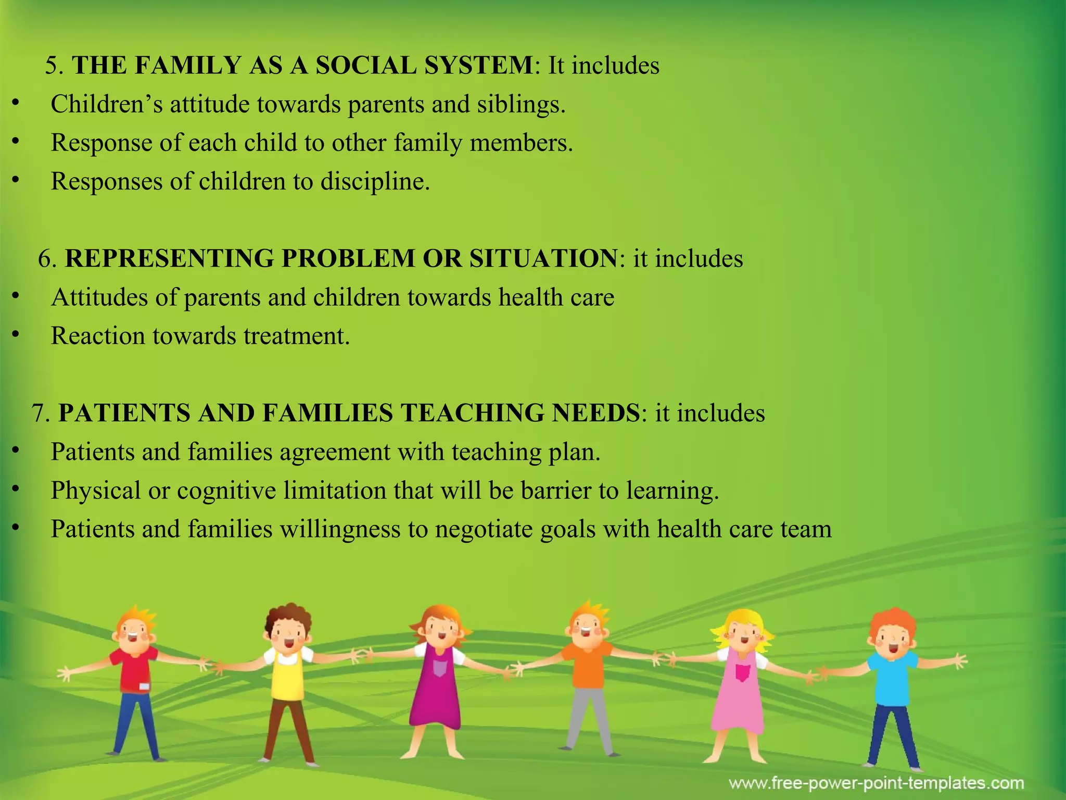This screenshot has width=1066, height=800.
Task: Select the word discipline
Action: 375,182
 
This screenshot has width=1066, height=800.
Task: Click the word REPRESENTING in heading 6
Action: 169,259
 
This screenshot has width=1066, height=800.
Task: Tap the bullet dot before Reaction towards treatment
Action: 16,335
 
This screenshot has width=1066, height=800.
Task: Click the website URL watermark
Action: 876,783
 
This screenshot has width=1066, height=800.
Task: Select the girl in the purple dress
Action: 436,687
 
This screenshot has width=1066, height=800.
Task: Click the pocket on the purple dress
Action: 440,668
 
